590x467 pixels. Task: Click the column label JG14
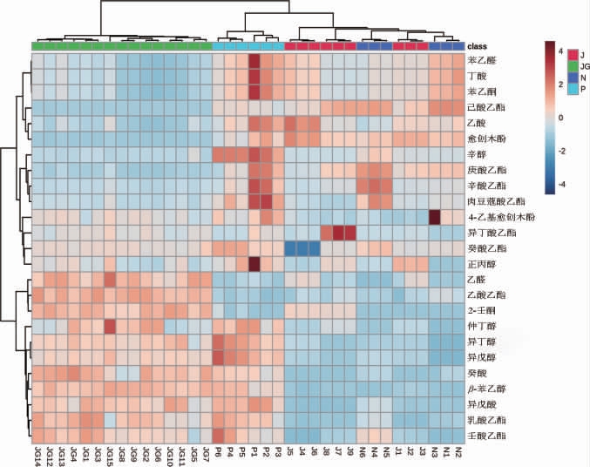[37, 455]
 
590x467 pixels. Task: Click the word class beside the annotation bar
[478, 45]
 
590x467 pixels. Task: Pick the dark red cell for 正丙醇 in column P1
[254, 262]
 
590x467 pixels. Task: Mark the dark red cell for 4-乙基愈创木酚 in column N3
[434, 216]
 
